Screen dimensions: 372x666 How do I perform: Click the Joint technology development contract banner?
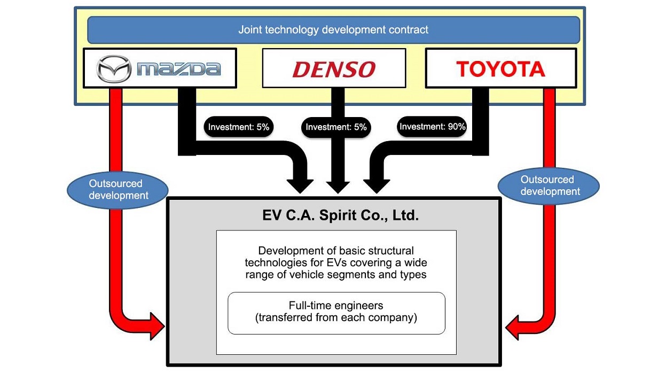[333, 29]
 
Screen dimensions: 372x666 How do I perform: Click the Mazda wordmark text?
[178, 68]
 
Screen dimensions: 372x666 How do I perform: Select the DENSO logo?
[334, 69]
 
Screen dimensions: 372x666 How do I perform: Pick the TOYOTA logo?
[500, 68]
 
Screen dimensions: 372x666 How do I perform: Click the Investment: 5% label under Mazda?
[239, 127]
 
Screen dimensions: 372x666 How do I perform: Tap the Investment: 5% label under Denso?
[336, 128]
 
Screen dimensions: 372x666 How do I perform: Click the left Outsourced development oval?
[118, 189]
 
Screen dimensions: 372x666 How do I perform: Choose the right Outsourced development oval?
[548, 185]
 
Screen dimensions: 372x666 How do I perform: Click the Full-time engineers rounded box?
[336, 312]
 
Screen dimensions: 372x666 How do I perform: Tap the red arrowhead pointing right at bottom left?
[157, 325]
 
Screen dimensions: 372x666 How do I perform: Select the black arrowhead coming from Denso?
[336, 185]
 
